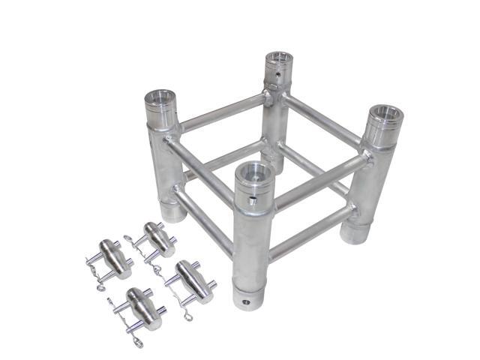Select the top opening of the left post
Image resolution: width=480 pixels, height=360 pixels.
[160, 98]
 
